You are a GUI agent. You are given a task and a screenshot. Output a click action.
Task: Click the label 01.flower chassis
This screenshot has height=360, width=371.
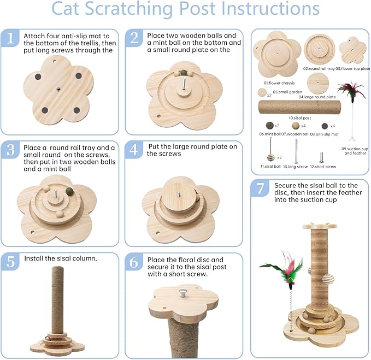tap(276, 82)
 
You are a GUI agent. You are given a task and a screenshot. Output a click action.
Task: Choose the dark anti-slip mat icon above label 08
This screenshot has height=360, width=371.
tap(325, 126)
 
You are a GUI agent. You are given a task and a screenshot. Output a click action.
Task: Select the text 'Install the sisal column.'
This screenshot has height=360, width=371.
tap(60, 257)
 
